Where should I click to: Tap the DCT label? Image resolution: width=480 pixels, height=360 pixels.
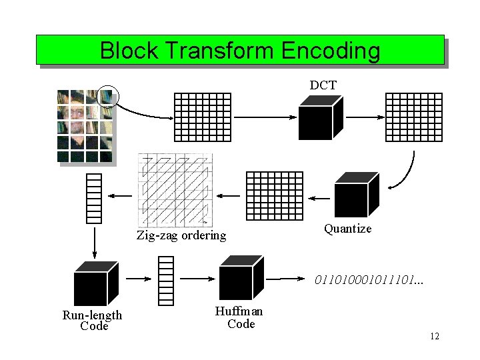323,85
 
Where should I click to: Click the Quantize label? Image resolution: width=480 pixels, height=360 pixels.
347,229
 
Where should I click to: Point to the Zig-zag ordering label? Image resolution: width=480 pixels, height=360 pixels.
181,235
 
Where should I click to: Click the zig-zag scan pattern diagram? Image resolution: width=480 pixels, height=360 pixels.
175,190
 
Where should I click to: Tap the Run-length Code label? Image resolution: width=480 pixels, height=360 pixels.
93,321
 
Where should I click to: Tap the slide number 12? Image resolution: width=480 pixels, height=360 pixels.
435,336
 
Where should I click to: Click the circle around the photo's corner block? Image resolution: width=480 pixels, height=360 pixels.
107,97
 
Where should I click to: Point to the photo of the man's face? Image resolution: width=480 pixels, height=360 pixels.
85,127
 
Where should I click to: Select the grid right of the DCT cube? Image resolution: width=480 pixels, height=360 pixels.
413,117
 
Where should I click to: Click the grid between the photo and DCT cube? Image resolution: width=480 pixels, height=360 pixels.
202,117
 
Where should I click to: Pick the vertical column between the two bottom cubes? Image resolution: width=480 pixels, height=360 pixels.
166,281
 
